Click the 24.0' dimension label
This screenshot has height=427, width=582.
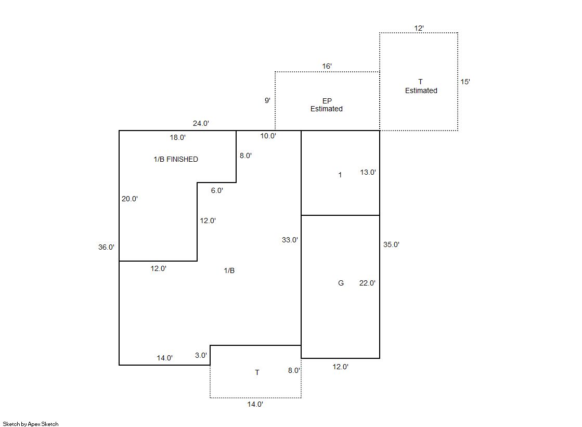[x=201, y=123]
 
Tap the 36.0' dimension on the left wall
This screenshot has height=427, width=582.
[x=106, y=247]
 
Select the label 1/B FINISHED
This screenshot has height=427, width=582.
[x=176, y=159]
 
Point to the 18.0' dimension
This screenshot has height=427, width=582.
[x=178, y=137]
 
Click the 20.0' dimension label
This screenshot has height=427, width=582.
[x=130, y=199]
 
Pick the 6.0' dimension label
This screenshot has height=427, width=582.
[x=217, y=190]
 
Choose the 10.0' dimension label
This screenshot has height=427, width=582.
[x=268, y=136]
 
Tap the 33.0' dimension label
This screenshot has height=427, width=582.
[x=290, y=240]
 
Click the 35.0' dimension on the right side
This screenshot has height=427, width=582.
[x=391, y=244]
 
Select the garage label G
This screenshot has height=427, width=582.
[x=341, y=283]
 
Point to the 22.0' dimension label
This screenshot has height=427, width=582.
[x=367, y=283]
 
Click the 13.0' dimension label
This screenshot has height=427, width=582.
[x=368, y=172]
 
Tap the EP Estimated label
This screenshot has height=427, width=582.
[x=327, y=105]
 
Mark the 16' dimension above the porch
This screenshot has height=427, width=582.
[x=327, y=66]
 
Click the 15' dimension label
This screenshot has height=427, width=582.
[x=465, y=82]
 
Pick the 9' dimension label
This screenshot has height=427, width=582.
[x=267, y=100]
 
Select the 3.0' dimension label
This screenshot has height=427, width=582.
[x=201, y=355]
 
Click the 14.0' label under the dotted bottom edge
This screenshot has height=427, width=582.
[x=255, y=404]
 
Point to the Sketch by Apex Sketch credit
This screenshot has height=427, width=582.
[x=31, y=424]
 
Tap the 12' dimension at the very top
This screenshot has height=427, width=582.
[x=419, y=28]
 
